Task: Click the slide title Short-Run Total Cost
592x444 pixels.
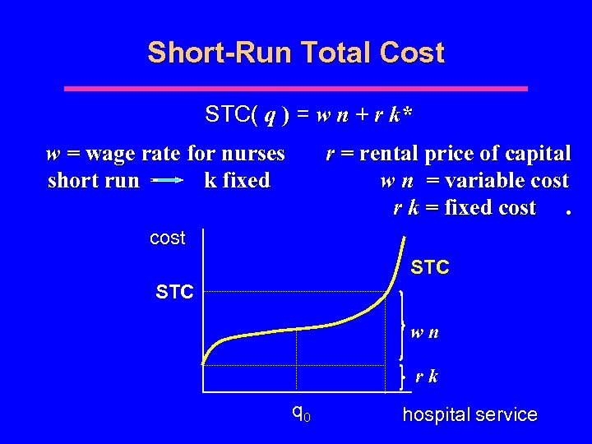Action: pyautogui.click(x=296, y=53)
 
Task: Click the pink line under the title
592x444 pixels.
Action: pyautogui.click(x=296, y=88)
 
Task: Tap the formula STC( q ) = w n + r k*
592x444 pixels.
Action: pyautogui.click(x=308, y=116)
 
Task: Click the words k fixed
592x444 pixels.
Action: pyautogui.click(x=237, y=181)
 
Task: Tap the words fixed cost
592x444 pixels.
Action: pyautogui.click(x=489, y=208)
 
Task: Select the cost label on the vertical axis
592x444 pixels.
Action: pyautogui.click(x=168, y=238)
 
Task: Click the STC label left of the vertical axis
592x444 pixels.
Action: pyautogui.click(x=174, y=291)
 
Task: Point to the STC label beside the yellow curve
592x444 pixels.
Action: pyautogui.click(x=429, y=268)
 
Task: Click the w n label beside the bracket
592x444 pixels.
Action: pyautogui.click(x=425, y=334)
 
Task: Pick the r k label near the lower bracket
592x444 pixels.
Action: pyautogui.click(x=426, y=377)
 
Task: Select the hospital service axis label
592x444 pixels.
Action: pyautogui.click(x=469, y=415)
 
